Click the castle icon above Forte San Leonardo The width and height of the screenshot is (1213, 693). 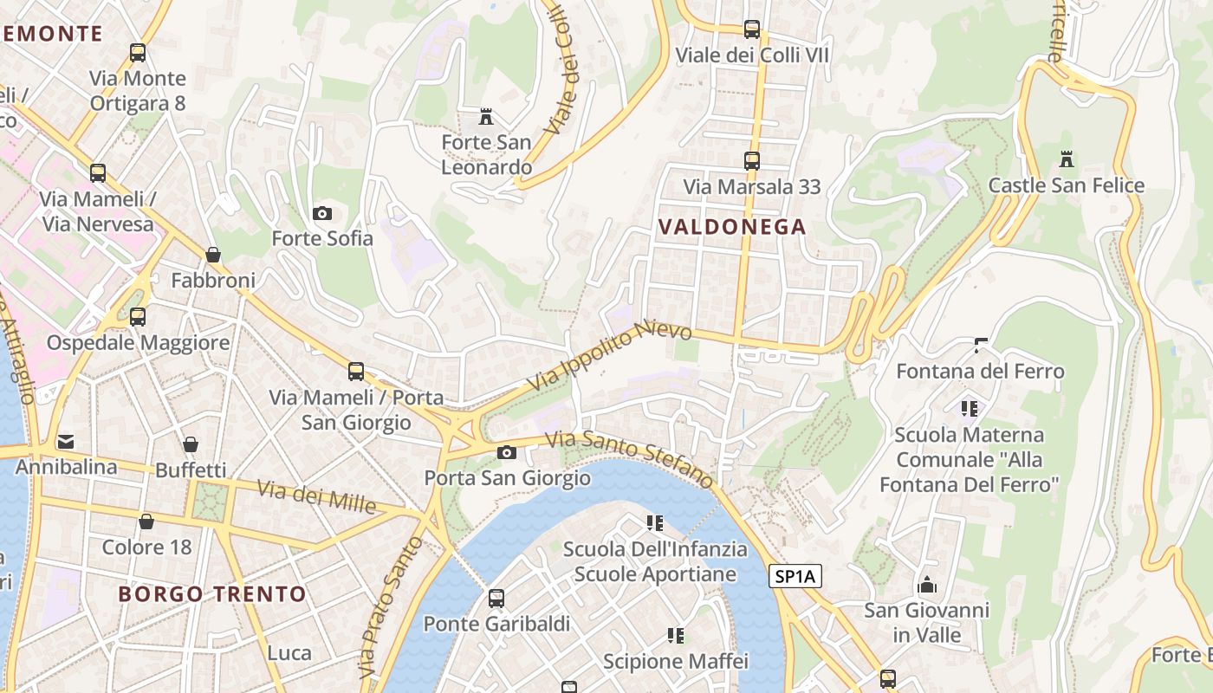point(486,116)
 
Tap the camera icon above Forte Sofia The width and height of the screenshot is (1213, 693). point(322,213)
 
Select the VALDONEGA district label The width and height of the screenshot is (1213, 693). point(732,227)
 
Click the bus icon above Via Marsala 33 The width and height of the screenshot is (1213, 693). point(751,161)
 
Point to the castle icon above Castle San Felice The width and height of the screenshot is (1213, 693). point(1066,159)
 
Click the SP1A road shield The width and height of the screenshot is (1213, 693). point(795,576)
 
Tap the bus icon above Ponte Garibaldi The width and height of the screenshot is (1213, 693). point(496,598)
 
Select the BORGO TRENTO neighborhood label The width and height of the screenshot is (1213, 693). point(212,594)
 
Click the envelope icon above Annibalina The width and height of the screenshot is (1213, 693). point(66,442)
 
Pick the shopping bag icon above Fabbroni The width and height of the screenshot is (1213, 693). point(213,255)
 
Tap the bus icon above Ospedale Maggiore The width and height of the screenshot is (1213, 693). point(138,316)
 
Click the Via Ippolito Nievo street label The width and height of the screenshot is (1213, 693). point(610,356)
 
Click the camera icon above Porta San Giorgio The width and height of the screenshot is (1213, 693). point(507,452)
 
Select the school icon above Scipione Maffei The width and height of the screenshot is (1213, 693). point(676,636)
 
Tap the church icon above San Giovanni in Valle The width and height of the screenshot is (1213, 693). point(926,585)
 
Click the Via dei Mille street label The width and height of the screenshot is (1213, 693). point(317,498)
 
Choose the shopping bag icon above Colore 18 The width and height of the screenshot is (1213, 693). point(146,521)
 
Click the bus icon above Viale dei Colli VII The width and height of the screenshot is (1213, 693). point(751,29)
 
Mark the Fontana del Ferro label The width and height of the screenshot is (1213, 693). point(980,372)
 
